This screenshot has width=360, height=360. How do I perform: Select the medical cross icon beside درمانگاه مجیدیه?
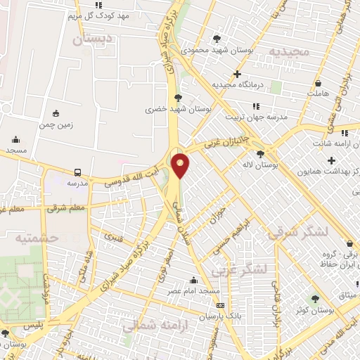[x=237, y=74]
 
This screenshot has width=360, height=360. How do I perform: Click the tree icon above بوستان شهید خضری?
[x=177, y=98]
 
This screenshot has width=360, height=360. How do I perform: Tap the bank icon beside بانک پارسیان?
[x=221, y=306]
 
